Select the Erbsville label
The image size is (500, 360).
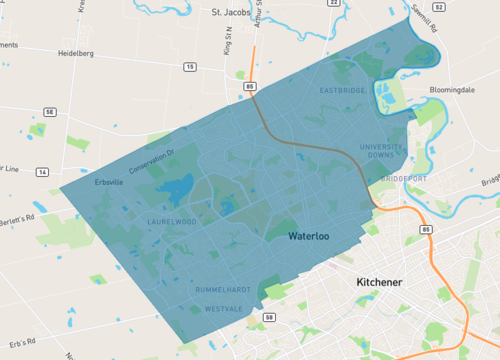(108, 183)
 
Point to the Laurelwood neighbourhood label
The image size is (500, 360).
(173, 221)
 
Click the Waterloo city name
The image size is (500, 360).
(309, 237)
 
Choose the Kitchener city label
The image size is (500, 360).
(379, 283)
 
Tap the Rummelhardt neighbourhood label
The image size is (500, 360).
(223, 289)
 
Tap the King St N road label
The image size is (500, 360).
(226, 45)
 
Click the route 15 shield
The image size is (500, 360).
(189, 67)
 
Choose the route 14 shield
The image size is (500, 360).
(41, 173)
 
